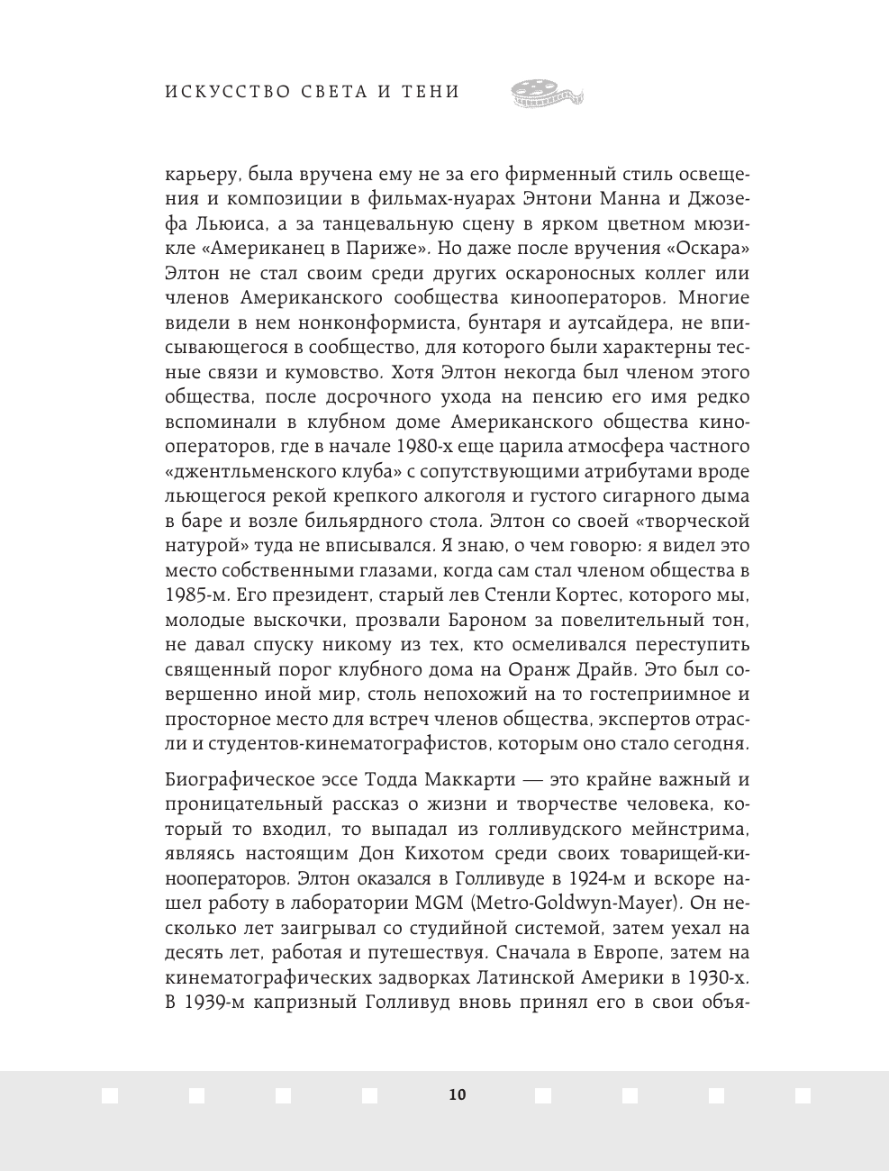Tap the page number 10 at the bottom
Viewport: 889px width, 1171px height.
457,1094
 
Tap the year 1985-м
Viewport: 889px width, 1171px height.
194,595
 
